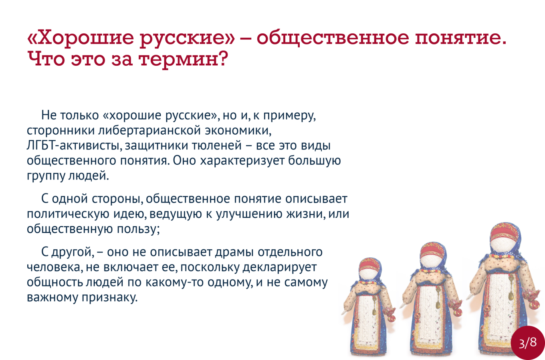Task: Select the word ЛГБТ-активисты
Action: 74,146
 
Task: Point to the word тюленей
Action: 217,146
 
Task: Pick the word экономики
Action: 238,131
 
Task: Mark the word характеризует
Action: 242,161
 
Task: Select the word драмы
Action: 234,252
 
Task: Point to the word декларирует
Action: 280,267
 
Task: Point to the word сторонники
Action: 61,131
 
